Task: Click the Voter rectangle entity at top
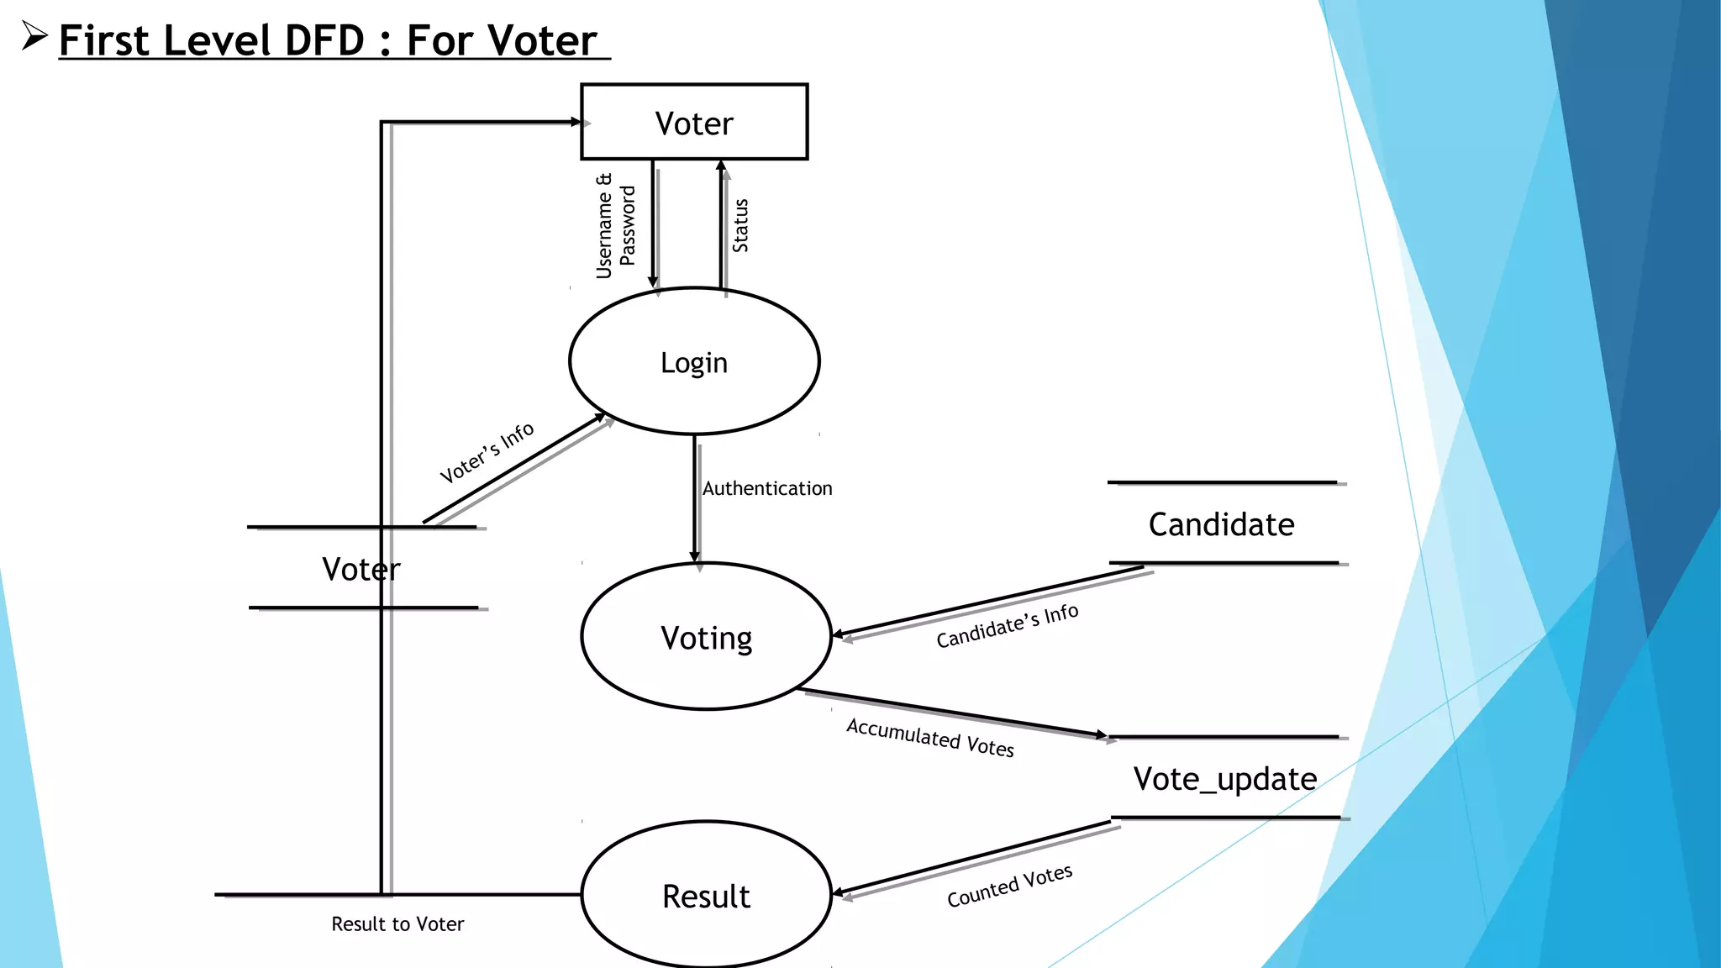[694, 123]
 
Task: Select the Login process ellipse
[694, 362]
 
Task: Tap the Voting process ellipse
[706, 638]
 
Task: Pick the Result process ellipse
[706, 896]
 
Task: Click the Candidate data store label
[1221, 524]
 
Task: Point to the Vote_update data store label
[1224, 779]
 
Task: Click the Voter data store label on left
[361, 569]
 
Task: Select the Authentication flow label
[766, 488]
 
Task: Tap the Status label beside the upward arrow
[740, 226]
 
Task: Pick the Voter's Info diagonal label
[487, 452]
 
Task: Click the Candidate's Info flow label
[1007, 626]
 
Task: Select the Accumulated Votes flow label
[929, 737]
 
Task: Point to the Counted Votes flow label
[1009, 886]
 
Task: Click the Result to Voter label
[397, 924]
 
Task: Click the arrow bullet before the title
[34, 37]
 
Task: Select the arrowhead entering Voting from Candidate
[838, 634]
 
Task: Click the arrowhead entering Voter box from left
[576, 123]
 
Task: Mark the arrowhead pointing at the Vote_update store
[1102, 735]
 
